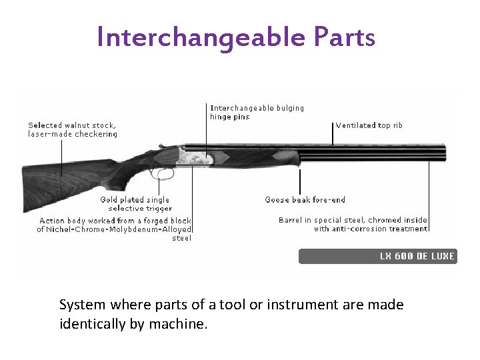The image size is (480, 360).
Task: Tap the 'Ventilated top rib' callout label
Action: pos(369,125)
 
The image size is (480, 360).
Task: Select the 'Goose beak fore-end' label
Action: pos(305,199)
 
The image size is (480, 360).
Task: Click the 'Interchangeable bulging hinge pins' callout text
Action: pos(257,112)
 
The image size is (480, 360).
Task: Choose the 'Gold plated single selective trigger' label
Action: pos(135,204)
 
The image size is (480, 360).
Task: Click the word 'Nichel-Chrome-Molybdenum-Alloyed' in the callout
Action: pos(117,229)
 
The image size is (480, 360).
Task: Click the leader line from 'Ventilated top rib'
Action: pos(333,133)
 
